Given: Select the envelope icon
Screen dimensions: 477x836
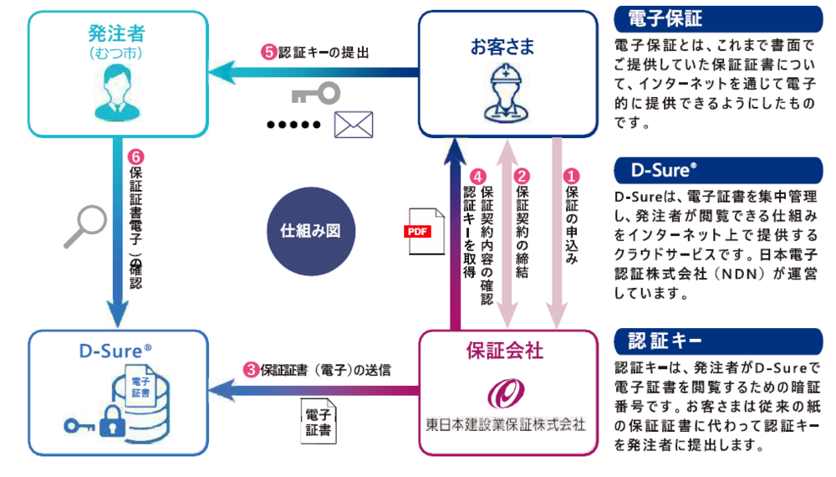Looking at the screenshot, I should tap(353, 125).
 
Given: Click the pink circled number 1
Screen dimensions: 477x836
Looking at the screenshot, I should tap(573, 176).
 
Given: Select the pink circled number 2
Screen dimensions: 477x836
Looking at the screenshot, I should tap(522, 176).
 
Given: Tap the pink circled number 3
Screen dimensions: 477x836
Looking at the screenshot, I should tap(251, 369).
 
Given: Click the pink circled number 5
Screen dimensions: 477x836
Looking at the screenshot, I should tap(268, 51).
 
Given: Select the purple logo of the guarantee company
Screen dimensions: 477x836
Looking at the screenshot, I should tap(504, 392).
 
